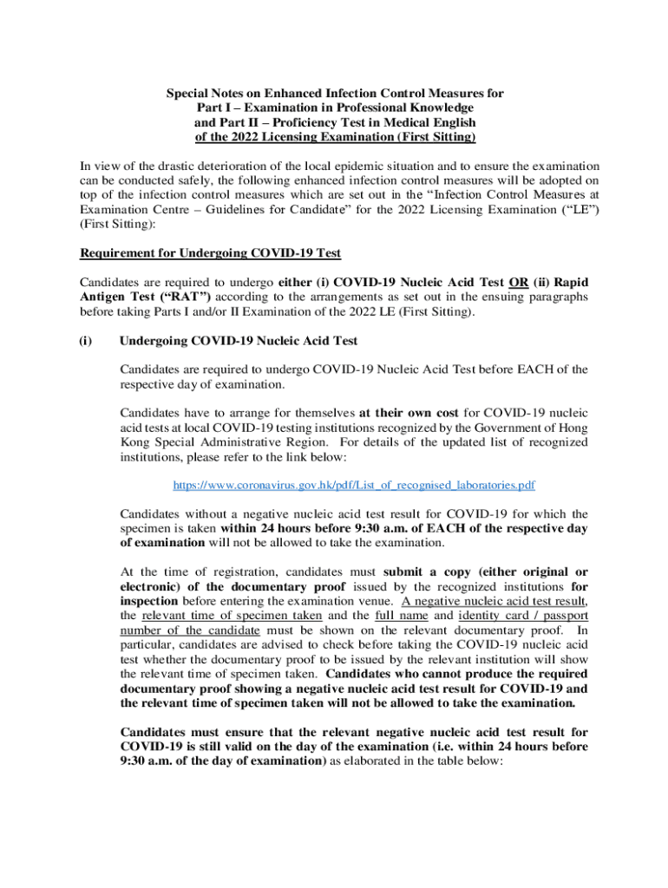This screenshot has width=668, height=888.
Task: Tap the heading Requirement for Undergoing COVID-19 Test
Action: [211, 253]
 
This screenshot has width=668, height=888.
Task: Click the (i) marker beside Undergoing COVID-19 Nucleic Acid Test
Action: [87, 341]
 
